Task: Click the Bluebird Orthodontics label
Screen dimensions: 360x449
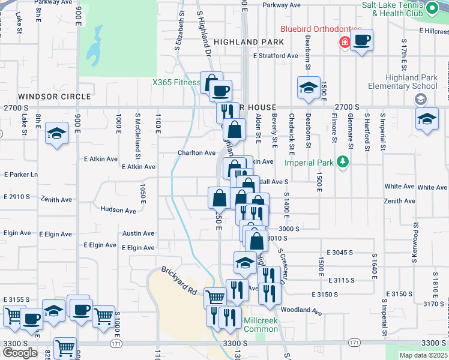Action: (x=322, y=29)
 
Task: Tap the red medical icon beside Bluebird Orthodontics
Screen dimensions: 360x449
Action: (x=345, y=42)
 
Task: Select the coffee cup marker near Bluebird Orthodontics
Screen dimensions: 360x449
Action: (x=361, y=41)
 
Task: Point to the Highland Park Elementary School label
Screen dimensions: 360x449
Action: (x=403, y=82)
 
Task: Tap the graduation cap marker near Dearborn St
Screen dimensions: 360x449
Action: (x=309, y=88)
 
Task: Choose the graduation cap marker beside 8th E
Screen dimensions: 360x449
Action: (x=57, y=133)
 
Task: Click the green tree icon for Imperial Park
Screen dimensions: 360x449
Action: (x=343, y=161)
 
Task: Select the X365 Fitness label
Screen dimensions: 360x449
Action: (x=175, y=82)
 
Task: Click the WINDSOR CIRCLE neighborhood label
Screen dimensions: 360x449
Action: (x=54, y=96)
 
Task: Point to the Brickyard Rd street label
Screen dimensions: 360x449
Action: (x=178, y=280)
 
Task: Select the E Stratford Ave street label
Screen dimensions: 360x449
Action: (x=276, y=56)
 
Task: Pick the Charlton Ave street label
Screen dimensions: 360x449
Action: (x=196, y=153)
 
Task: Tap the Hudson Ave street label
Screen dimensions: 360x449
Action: (x=118, y=210)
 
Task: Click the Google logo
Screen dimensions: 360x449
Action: (x=20, y=353)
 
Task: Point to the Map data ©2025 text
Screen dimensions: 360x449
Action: (x=423, y=355)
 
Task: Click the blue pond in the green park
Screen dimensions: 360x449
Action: (x=94, y=48)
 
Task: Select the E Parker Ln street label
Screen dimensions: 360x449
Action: (x=20, y=175)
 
